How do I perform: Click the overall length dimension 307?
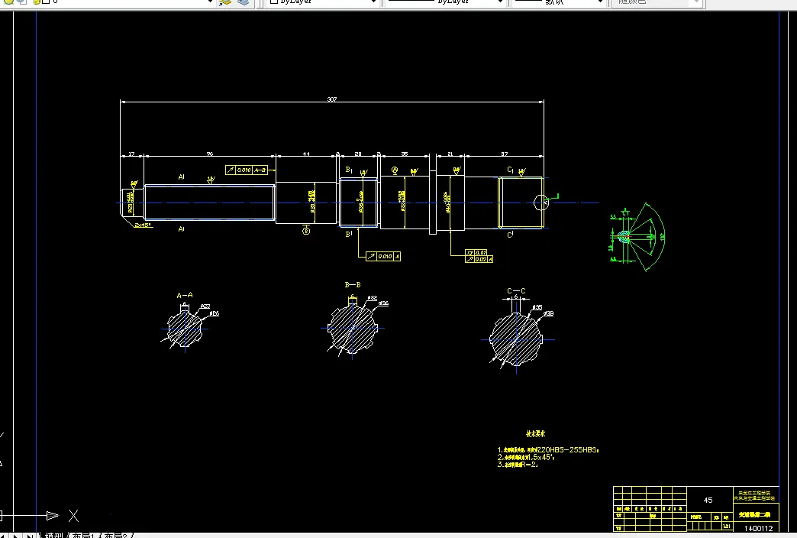click(331, 99)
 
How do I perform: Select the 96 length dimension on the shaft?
click(210, 154)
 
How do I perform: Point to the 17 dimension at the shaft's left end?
click(131, 154)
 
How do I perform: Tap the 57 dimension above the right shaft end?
click(505, 154)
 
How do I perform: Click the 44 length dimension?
click(306, 154)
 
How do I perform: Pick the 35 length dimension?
click(404, 154)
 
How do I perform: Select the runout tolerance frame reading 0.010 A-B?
click(247, 170)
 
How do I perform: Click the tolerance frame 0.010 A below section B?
click(383, 257)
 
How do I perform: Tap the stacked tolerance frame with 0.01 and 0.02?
click(479, 256)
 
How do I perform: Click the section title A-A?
click(184, 294)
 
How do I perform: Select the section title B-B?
click(352, 285)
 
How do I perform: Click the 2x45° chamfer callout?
click(143, 226)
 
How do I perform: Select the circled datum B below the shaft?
click(306, 230)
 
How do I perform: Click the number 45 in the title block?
click(708, 500)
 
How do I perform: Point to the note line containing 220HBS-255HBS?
click(547, 450)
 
